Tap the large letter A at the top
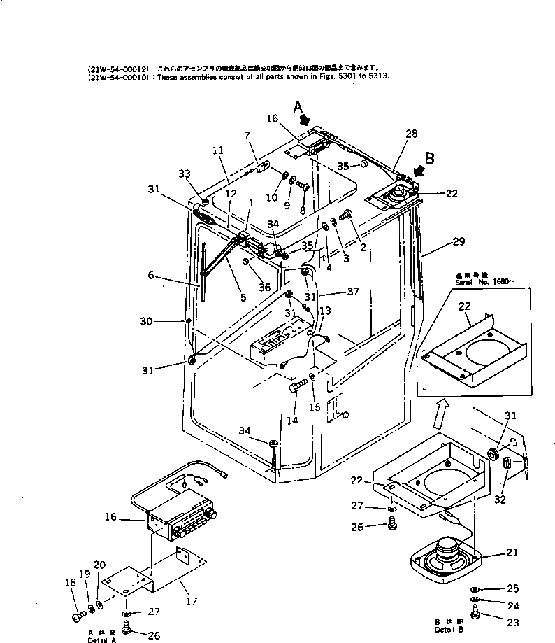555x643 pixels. point(298,107)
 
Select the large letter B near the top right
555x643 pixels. point(428,158)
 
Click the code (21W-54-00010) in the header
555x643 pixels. point(117,78)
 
